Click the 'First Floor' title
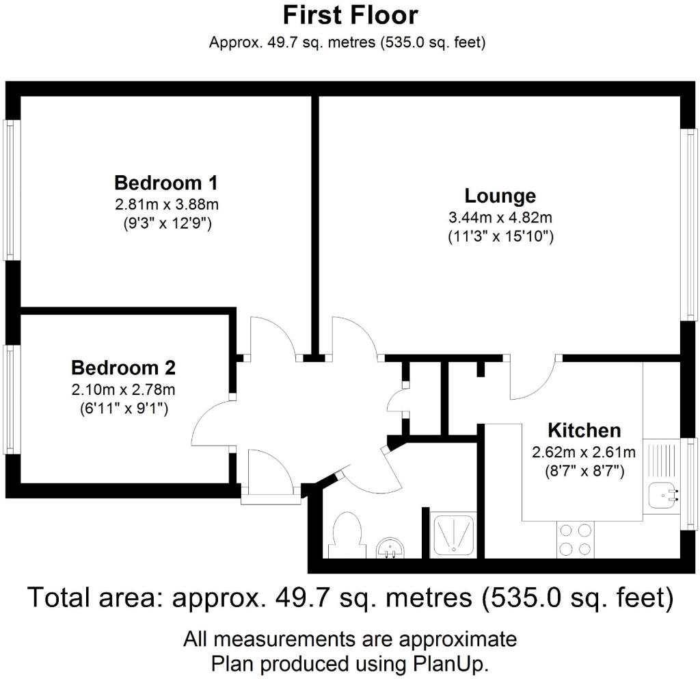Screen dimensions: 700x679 pyautogui.click(x=351, y=16)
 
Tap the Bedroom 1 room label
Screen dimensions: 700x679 pyautogui.click(x=166, y=183)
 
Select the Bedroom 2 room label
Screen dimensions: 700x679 pyautogui.click(x=123, y=368)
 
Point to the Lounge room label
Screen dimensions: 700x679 pyautogui.click(x=500, y=196)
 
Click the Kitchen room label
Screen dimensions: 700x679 pyautogui.click(x=584, y=431)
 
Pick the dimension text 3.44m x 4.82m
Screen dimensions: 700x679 pyautogui.click(x=500, y=218)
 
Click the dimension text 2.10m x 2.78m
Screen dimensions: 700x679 pyautogui.click(x=123, y=389)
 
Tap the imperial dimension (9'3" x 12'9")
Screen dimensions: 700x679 pyautogui.click(x=167, y=223)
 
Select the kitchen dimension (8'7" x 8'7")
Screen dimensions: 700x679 pyautogui.click(x=584, y=471)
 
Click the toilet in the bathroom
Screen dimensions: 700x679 pyautogui.click(x=346, y=535)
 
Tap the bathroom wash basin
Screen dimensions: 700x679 pyautogui.click(x=390, y=548)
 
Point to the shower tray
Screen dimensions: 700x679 pyautogui.click(x=453, y=535)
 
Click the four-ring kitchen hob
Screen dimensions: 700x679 pyautogui.click(x=576, y=540)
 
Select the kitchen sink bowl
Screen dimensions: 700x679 pyautogui.click(x=664, y=496)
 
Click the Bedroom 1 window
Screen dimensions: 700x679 pyautogui.click(x=10, y=190)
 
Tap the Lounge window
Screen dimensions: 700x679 pyautogui.click(x=690, y=225)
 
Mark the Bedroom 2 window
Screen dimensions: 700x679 pyautogui.click(x=10, y=400)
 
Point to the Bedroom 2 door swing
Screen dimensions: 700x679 pyautogui.click(x=212, y=422)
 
